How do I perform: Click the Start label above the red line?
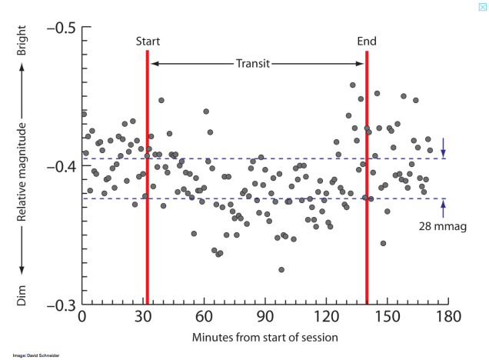point(148,42)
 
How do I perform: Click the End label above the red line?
point(367,42)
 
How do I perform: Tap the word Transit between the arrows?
point(253,64)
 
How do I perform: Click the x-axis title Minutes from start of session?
point(265,337)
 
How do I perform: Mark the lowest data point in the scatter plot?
point(281,270)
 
